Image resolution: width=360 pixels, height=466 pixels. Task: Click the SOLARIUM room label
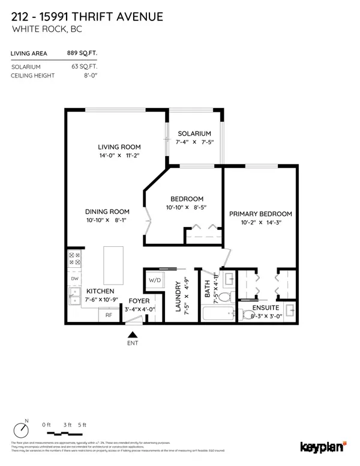(x=194, y=133)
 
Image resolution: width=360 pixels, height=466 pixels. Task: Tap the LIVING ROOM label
(x=119, y=147)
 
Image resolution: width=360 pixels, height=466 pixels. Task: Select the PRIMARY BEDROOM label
(x=260, y=214)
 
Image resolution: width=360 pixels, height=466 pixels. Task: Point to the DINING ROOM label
(x=107, y=211)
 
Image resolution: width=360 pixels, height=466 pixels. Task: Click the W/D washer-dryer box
(x=154, y=279)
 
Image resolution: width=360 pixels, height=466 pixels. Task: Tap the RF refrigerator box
(x=109, y=314)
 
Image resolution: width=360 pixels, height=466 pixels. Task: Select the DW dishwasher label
(x=75, y=279)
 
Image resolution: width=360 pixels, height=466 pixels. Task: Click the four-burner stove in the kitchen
(x=76, y=259)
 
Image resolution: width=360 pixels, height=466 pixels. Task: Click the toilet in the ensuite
(x=248, y=314)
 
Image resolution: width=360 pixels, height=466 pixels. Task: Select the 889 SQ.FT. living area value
(x=83, y=54)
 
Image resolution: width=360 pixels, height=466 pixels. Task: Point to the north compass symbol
(x=23, y=431)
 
